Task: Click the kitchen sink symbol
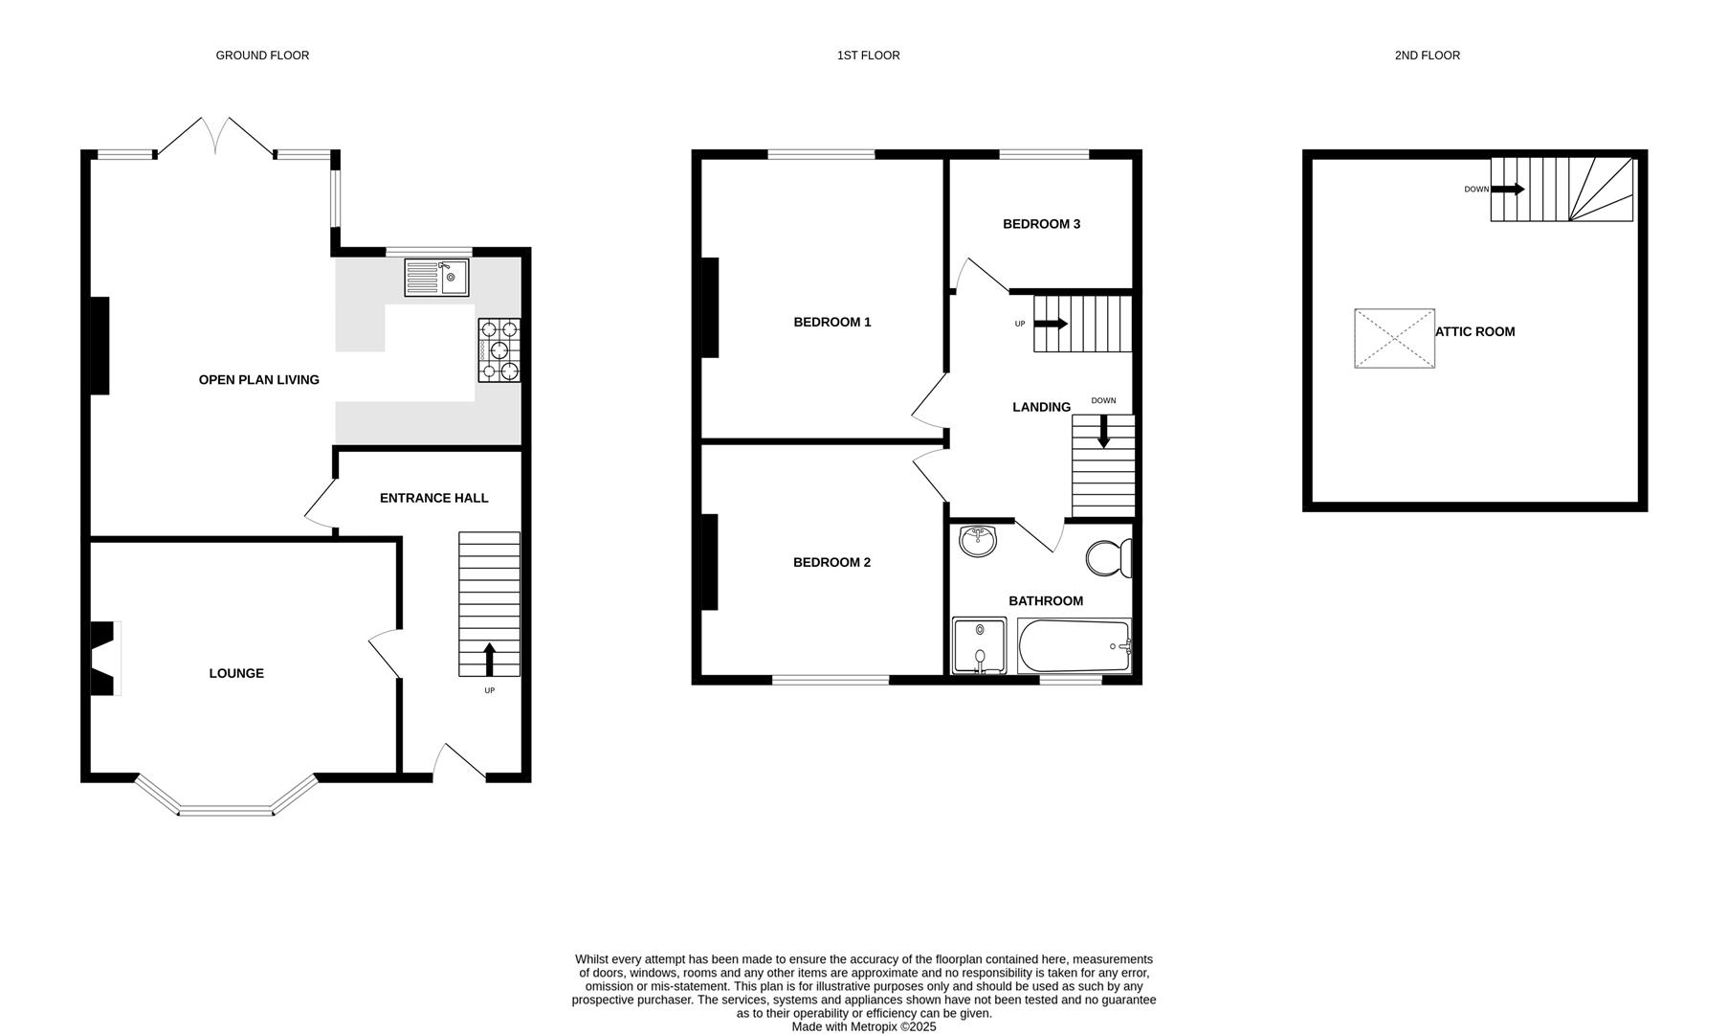click(436, 278)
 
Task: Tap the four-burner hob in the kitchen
click(500, 351)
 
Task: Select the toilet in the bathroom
click(1111, 558)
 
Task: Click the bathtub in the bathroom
click(1074, 646)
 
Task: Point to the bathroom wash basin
click(977, 541)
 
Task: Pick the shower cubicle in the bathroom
click(979, 645)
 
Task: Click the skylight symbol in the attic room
click(1394, 338)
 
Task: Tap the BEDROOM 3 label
click(1041, 224)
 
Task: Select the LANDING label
click(1041, 407)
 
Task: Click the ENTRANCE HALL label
click(433, 498)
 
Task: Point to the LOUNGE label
click(236, 673)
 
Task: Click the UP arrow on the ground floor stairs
click(489, 660)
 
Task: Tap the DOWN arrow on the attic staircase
click(1508, 190)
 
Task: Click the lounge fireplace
click(103, 659)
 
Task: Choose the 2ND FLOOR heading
click(1427, 56)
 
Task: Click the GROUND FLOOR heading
click(262, 56)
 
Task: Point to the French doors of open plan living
click(216, 136)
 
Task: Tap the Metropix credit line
click(863, 1026)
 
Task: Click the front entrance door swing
click(458, 760)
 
